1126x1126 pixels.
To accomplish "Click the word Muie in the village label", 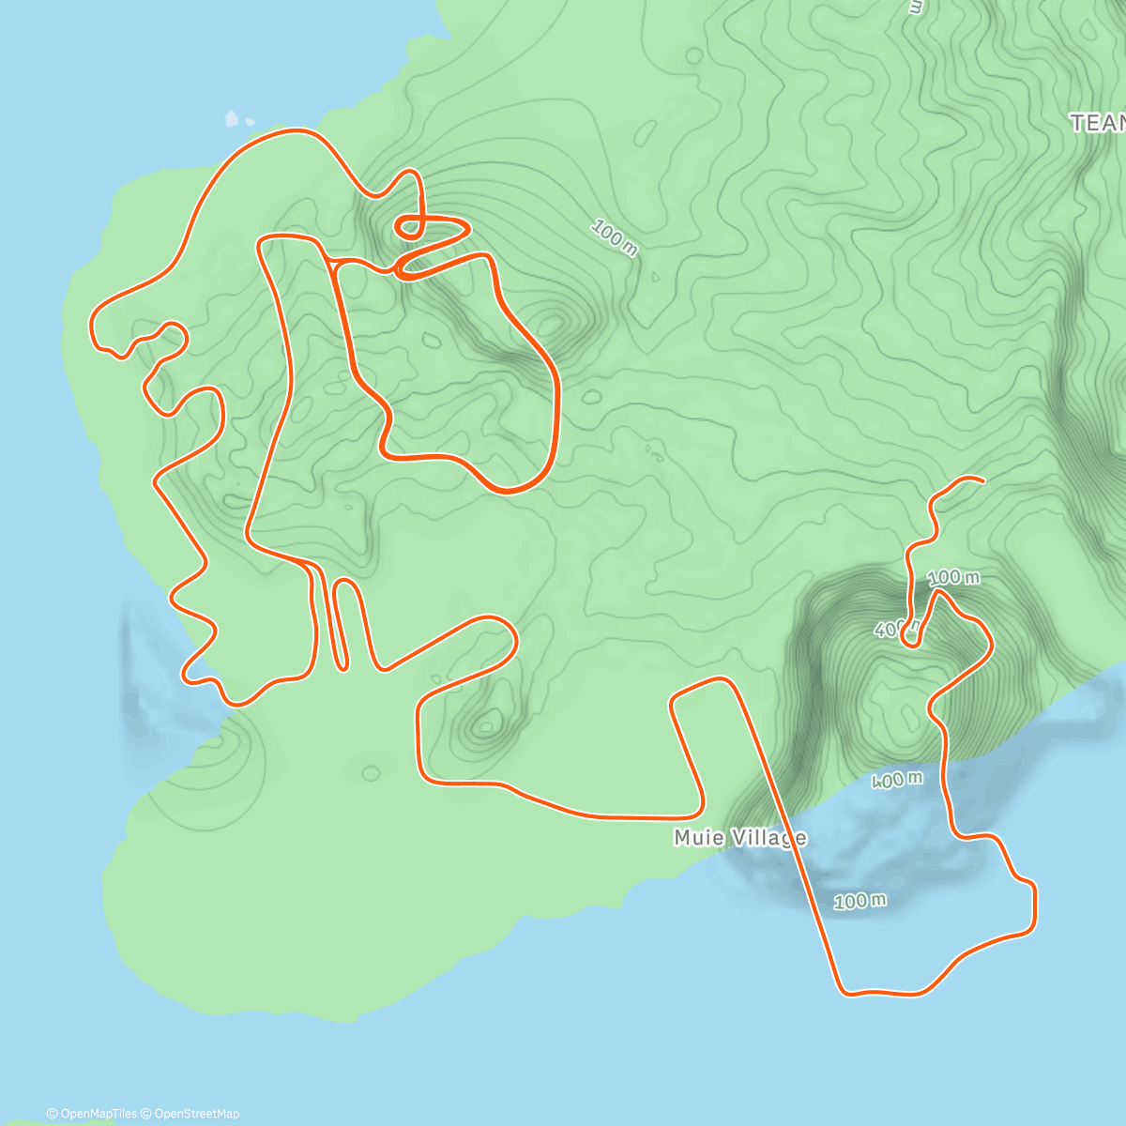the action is pos(698,837).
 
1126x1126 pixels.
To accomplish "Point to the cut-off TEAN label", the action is pos(1098,123).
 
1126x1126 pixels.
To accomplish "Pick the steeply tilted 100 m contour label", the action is pos(615,237).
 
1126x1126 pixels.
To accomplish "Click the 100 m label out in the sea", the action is pos(860,902).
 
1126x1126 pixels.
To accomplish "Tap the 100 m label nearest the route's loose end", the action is pos(953,577).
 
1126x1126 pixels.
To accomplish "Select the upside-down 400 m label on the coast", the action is pos(897,780).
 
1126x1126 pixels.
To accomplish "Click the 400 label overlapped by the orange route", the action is pos(891,629).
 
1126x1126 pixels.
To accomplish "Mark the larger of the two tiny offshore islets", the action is pos(232,119).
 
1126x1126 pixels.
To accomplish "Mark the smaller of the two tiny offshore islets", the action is pos(250,121).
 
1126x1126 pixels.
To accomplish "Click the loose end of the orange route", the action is pos(982,481).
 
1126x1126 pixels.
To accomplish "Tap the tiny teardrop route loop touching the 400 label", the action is pos(909,637).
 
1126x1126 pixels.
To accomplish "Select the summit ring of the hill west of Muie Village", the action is pos(486,724).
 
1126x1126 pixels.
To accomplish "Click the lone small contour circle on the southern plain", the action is pos(371,773).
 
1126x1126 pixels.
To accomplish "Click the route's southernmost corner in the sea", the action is pos(844,990).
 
